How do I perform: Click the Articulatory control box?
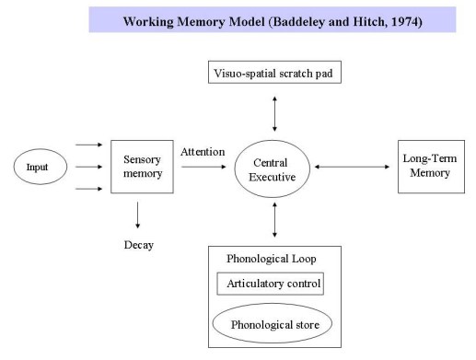pyautogui.click(x=270, y=284)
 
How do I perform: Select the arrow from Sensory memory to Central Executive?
pyautogui.click(x=203, y=168)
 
